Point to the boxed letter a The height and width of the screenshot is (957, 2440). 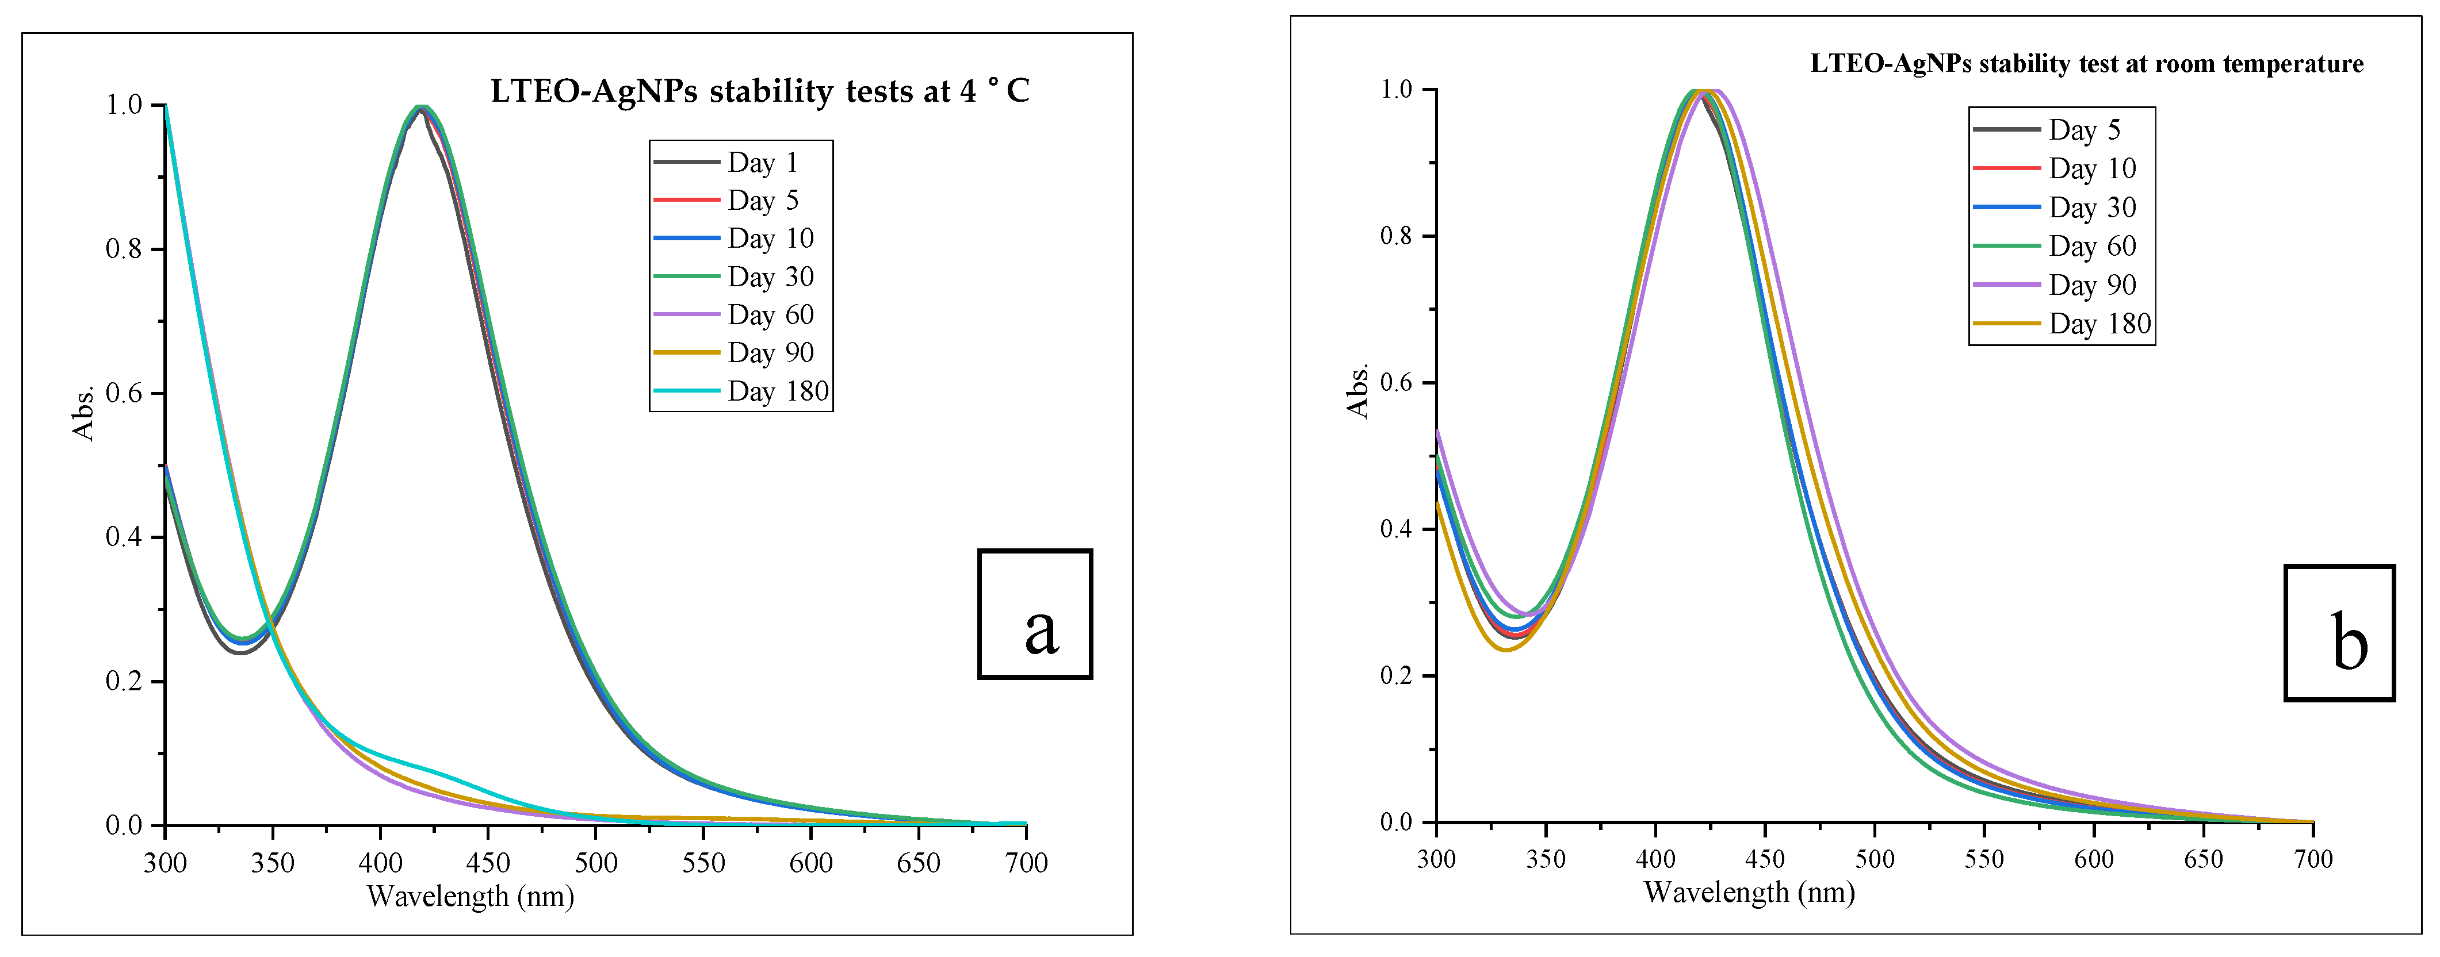point(1035,614)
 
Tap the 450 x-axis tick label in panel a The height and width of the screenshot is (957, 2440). point(488,862)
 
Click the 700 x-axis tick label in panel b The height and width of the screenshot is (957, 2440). point(2313,859)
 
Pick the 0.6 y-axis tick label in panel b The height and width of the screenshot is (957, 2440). point(1396,382)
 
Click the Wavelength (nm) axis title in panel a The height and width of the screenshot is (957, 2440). point(471,895)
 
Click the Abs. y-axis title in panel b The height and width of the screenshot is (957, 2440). point(1358,390)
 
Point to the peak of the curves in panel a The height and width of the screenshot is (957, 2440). point(420,107)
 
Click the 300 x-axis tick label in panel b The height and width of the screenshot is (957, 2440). point(1436,859)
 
